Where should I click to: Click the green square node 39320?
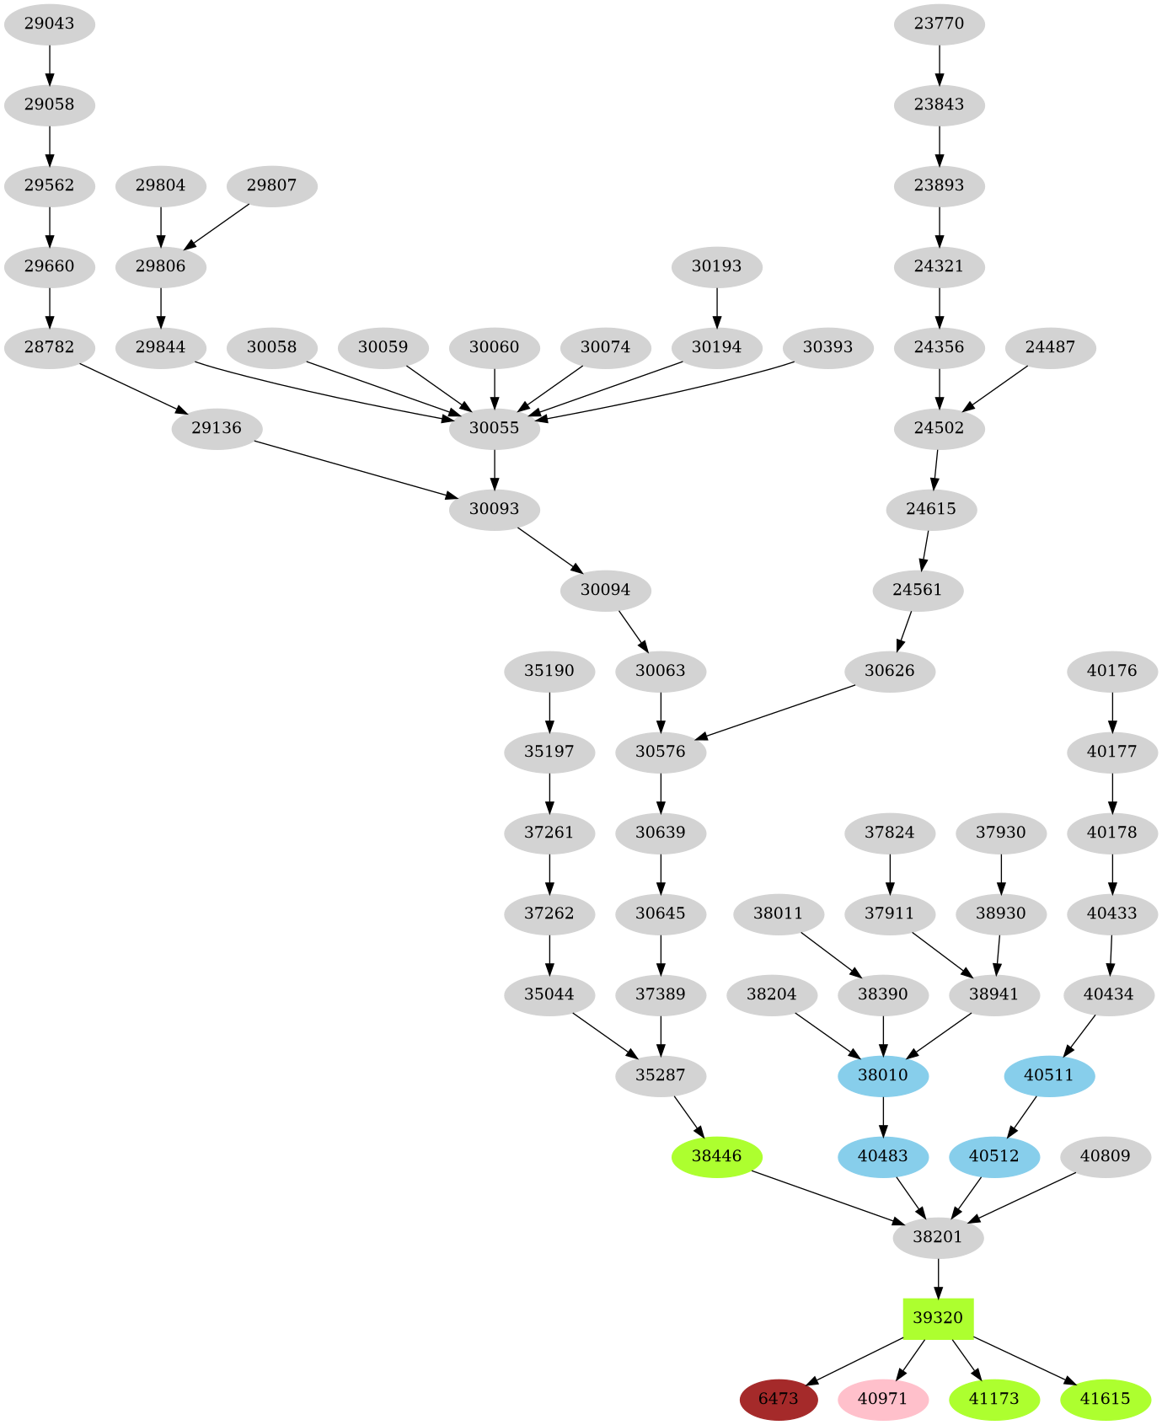(x=938, y=1318)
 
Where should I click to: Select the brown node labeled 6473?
(x=778, y=1399)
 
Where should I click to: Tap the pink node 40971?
(x=882, y=1399)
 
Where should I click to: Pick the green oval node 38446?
(x=716, y=1156)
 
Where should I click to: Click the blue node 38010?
(x=882, y=1075)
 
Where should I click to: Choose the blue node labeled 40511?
(x=1049, y=1075)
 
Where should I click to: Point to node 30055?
(x=494, y=428)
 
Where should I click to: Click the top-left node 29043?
(x=49, y=24)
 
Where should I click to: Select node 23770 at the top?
(x=939, y=24)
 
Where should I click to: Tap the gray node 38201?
(x=938, y=1237)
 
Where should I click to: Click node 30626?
(x=889, y=671)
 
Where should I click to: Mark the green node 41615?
(x=1105, y=1399)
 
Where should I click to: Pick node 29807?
(x=271, y=185)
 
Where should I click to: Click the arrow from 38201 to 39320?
(x=938, y=1278)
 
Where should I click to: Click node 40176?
(x=1111, y=671)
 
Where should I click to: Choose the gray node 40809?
(x=1105, y=1156)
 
